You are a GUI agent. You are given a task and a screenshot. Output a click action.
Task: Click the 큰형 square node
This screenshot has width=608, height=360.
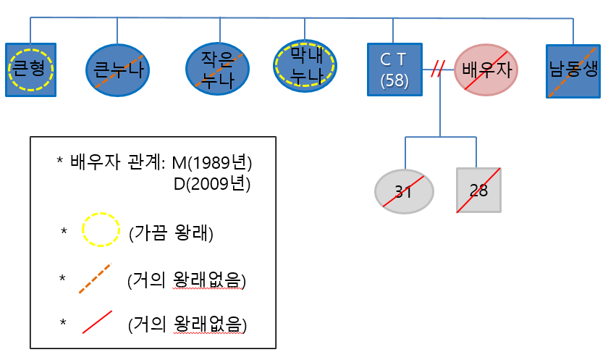pos(31,70)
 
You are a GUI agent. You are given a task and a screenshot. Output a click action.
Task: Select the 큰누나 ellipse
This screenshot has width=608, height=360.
pos(117,70)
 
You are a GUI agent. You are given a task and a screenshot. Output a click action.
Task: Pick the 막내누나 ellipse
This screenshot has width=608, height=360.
pos(305,64)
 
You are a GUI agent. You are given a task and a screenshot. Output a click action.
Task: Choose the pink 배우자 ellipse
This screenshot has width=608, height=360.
pos(486,70)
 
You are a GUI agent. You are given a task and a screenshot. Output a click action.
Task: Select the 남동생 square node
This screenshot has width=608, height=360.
pos(574,71)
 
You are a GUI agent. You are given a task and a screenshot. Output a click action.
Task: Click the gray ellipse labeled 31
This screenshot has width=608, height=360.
pos(404,191)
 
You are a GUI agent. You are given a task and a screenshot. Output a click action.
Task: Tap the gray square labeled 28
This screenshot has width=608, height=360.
pos(478,191)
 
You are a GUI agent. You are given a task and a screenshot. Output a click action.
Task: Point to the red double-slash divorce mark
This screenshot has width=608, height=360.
pos(436,70)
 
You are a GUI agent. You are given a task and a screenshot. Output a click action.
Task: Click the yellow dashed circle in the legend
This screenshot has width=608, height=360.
pos(100,231)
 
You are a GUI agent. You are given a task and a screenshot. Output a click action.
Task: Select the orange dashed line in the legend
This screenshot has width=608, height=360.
pos(95,279)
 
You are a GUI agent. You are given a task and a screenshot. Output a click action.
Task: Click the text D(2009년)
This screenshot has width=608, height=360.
pos(212,184)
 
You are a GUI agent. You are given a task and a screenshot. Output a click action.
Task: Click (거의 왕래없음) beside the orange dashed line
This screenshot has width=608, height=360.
pos(187,280)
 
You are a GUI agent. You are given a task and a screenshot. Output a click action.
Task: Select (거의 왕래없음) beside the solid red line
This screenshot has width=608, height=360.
pos(187,325)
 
